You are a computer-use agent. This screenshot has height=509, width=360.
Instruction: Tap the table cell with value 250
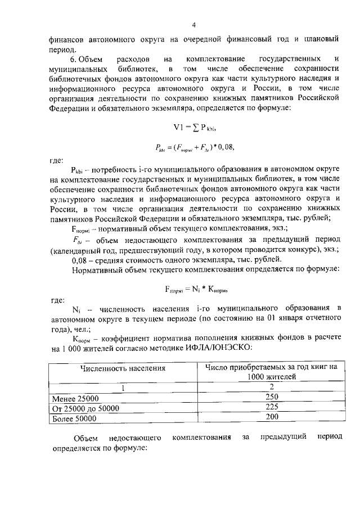tap(272, 397)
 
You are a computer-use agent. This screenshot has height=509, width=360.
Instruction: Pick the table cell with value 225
tap(272, 407)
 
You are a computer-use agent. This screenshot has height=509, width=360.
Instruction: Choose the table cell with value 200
tap(272, 417)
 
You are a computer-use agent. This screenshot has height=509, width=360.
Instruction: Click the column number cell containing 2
tap(271, 387)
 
